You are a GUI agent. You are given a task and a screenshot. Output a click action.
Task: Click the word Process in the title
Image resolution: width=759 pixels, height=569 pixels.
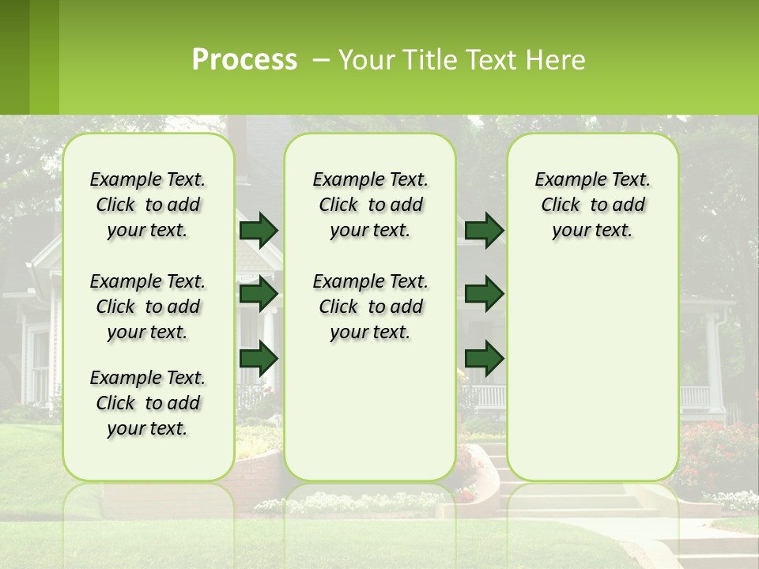244,60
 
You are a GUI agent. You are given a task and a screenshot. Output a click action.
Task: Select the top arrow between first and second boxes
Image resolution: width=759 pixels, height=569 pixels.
259,230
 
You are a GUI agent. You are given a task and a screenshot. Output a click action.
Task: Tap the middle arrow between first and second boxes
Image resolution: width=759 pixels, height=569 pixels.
259,294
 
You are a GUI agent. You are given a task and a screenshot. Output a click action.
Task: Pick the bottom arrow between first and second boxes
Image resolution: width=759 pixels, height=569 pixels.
259,359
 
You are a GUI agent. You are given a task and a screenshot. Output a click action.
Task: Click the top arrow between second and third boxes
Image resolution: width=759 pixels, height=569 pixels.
484,230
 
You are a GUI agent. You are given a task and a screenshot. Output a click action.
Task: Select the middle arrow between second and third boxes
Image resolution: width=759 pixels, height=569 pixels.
484,294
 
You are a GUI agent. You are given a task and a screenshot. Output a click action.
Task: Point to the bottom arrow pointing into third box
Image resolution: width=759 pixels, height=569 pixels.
484,359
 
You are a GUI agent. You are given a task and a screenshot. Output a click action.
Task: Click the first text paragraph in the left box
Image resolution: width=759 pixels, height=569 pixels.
148,205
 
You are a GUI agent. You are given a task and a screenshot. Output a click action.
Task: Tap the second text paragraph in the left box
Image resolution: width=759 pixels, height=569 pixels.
148,307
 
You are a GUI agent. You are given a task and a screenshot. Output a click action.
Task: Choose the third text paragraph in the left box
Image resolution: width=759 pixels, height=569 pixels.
148,403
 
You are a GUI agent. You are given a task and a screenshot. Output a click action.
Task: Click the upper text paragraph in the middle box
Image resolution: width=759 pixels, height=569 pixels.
370,205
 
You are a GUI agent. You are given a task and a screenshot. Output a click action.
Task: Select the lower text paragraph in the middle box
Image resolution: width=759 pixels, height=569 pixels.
370,307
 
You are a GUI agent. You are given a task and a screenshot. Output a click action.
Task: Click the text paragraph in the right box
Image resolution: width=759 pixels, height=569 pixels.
592,205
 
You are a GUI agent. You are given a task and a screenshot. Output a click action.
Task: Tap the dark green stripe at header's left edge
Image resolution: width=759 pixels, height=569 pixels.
14,57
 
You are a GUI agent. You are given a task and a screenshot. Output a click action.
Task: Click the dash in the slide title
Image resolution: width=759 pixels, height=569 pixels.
321,60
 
